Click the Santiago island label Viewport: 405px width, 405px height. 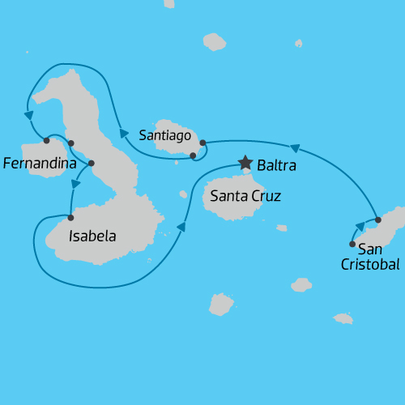164,135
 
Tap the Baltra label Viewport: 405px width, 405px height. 276,166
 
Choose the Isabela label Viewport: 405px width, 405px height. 92,237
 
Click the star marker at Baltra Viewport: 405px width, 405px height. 245,164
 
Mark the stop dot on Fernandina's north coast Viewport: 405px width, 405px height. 47,141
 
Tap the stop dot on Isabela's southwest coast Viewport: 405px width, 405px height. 70,216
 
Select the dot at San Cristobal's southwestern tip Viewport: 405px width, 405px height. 352,244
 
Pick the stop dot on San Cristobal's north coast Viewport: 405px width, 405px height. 377,220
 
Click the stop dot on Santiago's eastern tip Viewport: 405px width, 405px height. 202,143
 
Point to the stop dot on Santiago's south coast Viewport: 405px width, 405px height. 193,155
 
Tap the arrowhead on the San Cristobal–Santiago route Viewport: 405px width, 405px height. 296,148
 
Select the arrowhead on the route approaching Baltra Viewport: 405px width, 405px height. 181,228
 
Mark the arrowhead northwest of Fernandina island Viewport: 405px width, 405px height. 28,115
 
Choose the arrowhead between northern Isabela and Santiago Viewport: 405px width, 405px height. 124,134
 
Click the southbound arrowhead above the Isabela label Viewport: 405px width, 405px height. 75,185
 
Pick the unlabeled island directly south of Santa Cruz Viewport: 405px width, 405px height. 221,304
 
